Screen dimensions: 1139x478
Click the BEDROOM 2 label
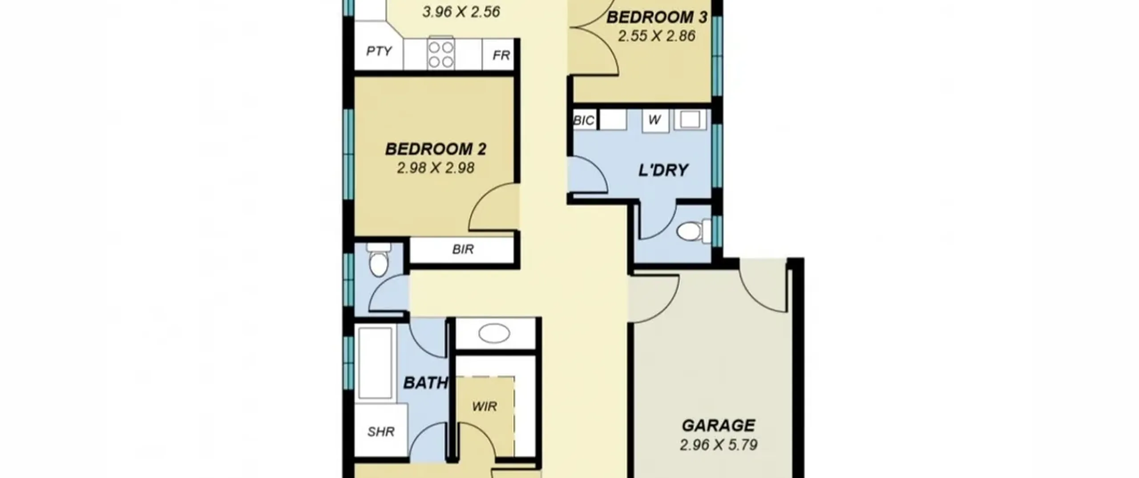(436, 149)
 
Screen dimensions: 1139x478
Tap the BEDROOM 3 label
(657, 17)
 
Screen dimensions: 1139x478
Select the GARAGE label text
(719, 426)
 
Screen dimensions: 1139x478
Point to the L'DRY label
(663, 170)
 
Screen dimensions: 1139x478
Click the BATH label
(425, 383)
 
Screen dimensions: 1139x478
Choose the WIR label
(485, 406)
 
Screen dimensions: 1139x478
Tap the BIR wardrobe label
(463, 249)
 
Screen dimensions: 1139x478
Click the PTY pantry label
(379, 51)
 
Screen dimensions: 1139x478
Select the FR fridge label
(501, 56)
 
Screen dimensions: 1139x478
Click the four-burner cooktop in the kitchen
(441, 54)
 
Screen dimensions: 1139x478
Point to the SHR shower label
(381, 432)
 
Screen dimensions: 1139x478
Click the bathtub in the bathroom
(376, 363)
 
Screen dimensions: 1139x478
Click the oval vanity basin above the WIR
(494, 333)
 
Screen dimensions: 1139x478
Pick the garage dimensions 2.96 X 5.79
(719, 445)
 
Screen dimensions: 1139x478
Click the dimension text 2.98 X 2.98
(436, 168)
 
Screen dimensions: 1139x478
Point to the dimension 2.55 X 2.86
(657, 36)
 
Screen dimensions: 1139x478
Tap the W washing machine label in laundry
(654, 120)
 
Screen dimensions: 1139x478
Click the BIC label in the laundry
(584, 121)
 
